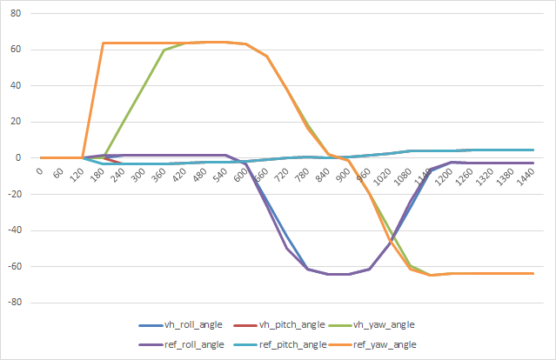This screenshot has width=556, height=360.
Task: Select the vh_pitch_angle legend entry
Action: tap(291, 324)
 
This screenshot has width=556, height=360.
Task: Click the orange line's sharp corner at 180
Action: tap(104, 43)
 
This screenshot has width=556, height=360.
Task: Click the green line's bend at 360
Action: tap(164, 50)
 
